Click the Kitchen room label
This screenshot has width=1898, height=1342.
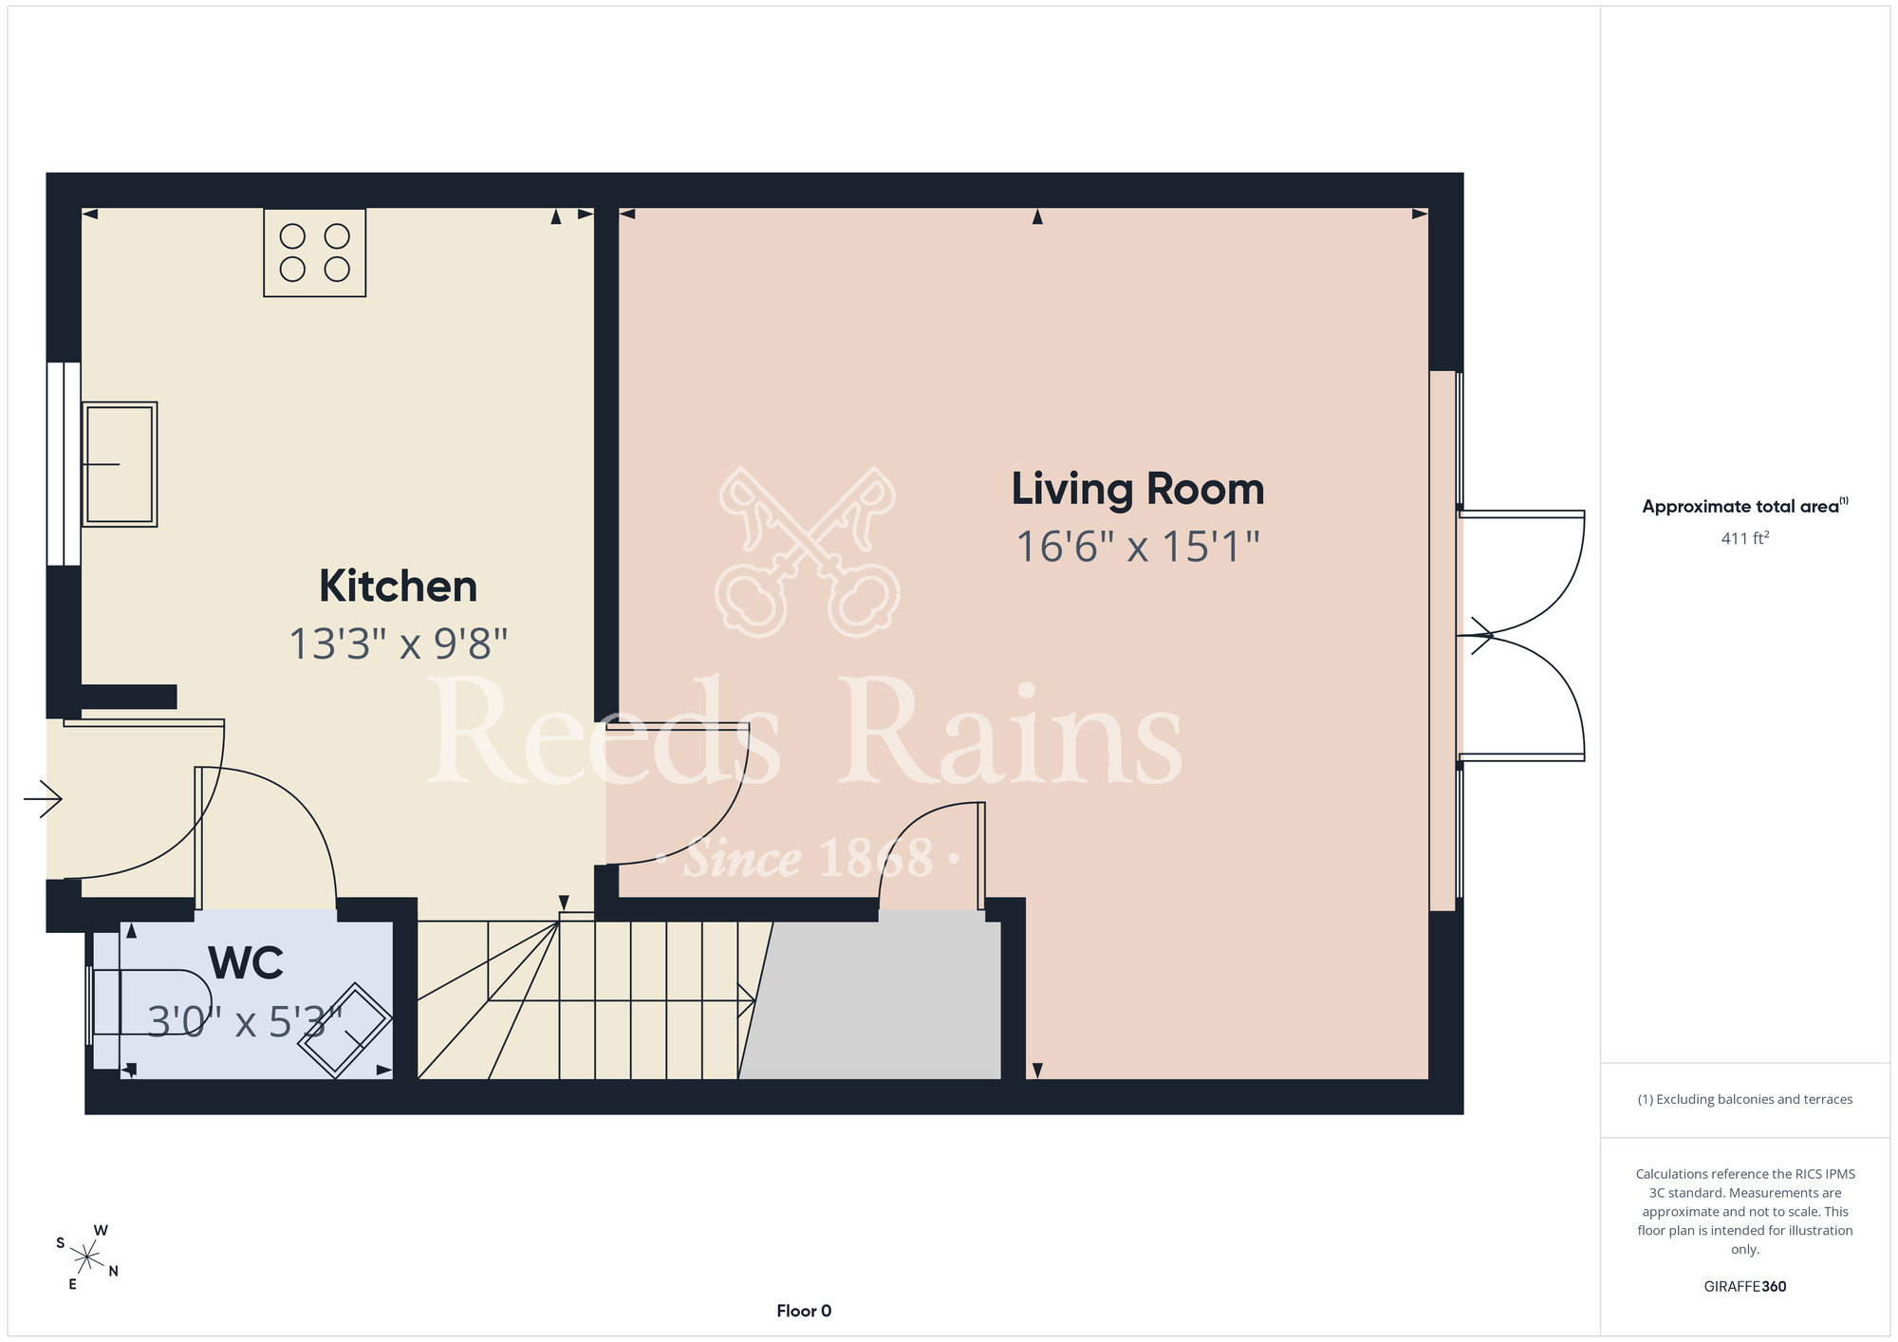point(398,586)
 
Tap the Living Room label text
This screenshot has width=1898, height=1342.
point(1138,490)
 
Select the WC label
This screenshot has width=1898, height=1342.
point(246,963)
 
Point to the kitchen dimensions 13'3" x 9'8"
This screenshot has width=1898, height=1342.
point(399,643)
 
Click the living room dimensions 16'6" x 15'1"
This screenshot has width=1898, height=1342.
point(1138,547)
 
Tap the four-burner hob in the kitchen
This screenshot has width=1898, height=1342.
point(314,252)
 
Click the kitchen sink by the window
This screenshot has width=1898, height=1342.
point(120,464)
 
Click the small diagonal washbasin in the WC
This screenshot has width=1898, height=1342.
point(344,1030)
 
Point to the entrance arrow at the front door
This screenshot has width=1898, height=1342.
point(43,798)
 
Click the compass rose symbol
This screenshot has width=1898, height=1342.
point(86,1258)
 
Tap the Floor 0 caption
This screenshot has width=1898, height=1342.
point(804,1311)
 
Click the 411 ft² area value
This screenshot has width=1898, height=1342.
point(1745,538)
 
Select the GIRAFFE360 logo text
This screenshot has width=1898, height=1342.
point(1745,1287)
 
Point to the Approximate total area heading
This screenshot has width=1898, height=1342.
point(1745,505)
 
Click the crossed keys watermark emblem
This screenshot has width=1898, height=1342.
point(808,551)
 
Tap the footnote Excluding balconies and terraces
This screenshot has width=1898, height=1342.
point(1745,1099)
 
